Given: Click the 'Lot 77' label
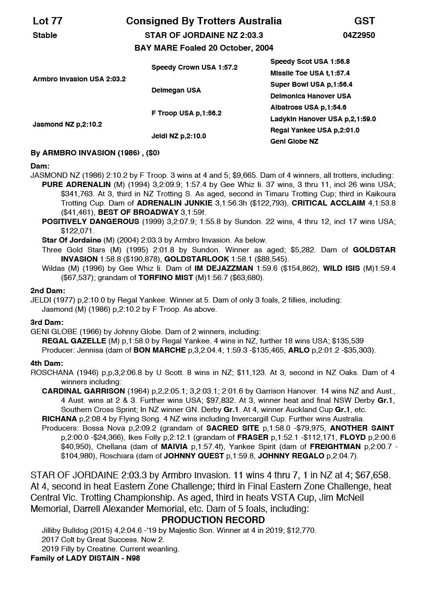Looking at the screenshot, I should click(x=47, y=21).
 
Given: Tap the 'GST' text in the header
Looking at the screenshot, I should click(x=365, y=21).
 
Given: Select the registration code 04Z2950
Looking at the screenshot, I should click(x=359, y=35).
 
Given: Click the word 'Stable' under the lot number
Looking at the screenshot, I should click(x=45, y=35).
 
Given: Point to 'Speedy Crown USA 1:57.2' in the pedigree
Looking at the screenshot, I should click(x=194, y=67).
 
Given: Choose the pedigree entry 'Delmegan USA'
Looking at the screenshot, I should click(x=176, y=90).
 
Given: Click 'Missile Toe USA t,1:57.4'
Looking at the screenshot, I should click(x=310, y=73).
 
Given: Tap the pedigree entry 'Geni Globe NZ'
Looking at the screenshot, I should click(x=294, y=141).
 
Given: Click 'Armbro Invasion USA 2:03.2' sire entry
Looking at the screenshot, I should click(x=79, y=79).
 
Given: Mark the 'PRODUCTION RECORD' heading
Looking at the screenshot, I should click(x=213, y=520).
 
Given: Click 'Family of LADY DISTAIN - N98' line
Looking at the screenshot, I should click(x=85, y=558).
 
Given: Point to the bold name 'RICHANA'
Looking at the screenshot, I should click(x=59, y=419).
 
